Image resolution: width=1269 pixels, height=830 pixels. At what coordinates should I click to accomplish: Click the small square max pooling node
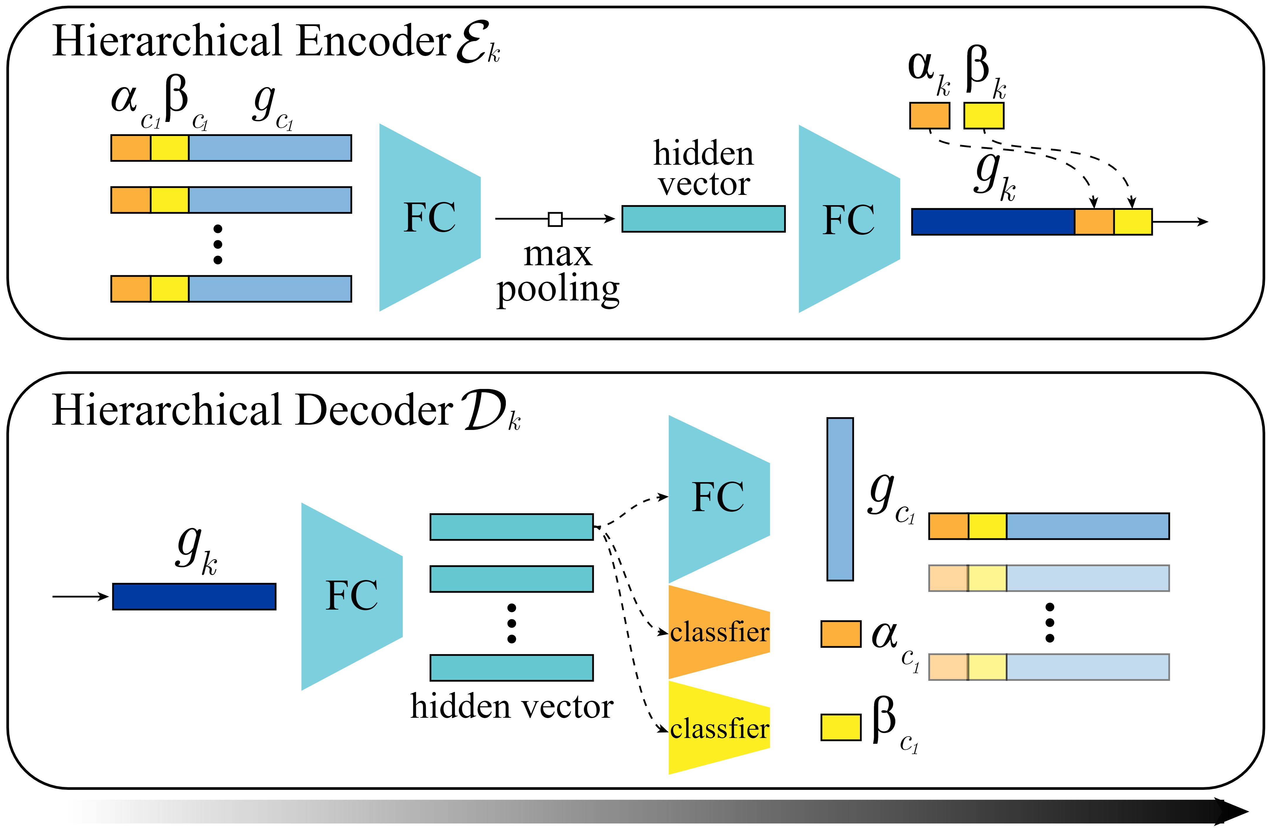point(555,219)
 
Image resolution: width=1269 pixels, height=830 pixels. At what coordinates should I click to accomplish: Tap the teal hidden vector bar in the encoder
point(703,219)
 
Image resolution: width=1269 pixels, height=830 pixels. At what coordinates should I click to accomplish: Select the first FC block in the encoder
point(430,217)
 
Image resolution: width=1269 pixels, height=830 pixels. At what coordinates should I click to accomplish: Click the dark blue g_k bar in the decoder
point(194,596)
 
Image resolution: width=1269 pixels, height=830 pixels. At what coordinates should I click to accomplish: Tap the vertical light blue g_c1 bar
point(840,499)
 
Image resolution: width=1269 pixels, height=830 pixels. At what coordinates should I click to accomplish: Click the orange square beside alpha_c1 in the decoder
point(841,634)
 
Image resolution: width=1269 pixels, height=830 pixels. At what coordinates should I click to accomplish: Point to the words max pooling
point(558,272)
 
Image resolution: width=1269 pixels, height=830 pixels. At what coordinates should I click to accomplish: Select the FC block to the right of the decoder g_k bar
point(351,596)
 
